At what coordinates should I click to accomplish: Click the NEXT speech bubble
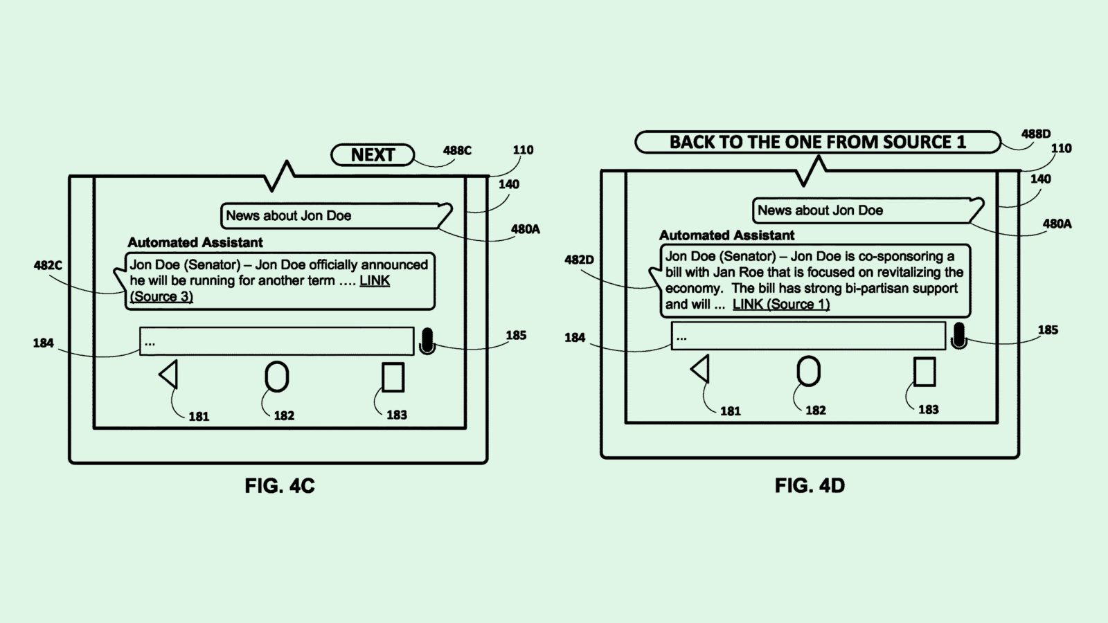coord(373,155)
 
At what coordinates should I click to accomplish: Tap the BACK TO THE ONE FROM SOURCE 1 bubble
coord(817,142)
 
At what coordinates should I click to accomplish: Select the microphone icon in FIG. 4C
coord(427,341)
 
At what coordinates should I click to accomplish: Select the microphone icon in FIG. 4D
coord(958,336)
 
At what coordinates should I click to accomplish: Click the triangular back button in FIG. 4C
coord(170,374)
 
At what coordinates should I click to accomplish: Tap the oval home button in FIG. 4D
coord(808,371)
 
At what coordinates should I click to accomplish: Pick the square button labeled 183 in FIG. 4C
coord(393,377)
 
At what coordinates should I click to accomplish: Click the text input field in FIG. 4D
coord(807,336)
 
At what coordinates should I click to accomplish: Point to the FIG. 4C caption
coord(280,486)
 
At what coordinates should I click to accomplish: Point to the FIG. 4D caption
coord(810,486)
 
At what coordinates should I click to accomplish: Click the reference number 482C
coord(48,265)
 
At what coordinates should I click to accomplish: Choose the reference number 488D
coord(1036,134)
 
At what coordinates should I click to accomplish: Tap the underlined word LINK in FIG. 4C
coord(375,280)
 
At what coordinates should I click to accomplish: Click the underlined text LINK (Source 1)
coord(780,304)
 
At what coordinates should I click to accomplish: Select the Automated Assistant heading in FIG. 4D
coord(726,235)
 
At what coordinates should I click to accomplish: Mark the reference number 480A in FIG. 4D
coord(1057,224)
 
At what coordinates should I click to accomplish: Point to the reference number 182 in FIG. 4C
coord(284,415)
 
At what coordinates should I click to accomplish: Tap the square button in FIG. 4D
coord(924,372)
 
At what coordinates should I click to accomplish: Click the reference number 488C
coord(457,150)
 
